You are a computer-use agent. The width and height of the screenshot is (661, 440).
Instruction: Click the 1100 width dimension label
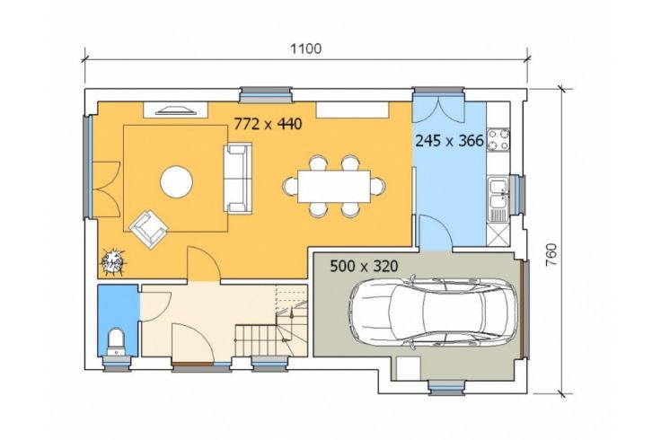pos(305,48)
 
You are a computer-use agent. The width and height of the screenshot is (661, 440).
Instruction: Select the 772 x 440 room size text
pos(269,124)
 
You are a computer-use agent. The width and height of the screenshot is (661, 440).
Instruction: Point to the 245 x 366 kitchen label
pos(449,140)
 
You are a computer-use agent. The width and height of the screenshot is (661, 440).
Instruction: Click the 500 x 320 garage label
pos(364,267)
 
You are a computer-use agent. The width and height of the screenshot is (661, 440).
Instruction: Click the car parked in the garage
pos(433,312)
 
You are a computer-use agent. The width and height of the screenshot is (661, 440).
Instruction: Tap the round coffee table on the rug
pos(177,182)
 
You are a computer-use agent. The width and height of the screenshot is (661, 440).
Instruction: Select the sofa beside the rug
pos(237,179)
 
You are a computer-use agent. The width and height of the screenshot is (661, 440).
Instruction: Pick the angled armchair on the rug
pos(148,229)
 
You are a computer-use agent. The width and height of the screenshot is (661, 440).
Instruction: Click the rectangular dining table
pos(334,186)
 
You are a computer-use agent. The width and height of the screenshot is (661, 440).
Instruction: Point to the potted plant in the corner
pos(112,263)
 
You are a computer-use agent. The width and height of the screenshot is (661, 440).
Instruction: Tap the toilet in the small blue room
pos(116,342)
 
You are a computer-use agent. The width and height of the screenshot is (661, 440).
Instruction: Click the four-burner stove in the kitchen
pos(498,140)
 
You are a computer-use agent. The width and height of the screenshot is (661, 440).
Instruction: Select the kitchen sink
pos(499,199)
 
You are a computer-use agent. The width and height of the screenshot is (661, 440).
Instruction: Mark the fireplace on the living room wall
pos(176,110)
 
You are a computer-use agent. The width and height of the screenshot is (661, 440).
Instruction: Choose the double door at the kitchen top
pos(438,110)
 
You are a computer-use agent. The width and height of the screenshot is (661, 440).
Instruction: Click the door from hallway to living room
pos(203,264)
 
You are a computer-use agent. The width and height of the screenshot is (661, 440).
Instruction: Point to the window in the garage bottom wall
pos(447,387)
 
